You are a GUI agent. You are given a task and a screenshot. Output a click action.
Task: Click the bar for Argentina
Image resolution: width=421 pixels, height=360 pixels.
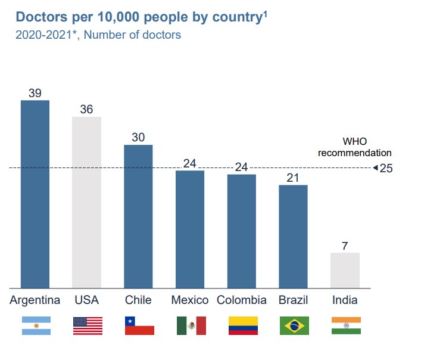(x=35, y=194)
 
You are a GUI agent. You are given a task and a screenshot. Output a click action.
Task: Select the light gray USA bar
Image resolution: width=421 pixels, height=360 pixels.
(x=87, y=203)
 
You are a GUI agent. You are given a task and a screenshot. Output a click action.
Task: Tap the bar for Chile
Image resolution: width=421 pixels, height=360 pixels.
(x=138, y=216)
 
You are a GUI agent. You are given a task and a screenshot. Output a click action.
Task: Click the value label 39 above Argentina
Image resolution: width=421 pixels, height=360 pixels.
(x=35, y=93)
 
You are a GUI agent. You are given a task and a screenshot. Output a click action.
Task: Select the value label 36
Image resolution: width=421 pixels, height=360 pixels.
(x=87, y=110)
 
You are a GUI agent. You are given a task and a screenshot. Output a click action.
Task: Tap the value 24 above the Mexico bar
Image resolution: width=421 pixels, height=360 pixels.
(x=189, y=163)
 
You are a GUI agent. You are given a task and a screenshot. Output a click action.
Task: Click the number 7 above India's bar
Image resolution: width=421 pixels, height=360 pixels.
(x=345, y=246)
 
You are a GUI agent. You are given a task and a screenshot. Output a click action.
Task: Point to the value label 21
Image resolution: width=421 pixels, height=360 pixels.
(x=293, y=178)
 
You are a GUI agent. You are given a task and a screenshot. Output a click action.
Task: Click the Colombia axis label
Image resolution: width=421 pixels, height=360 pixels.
(x=241, y=300)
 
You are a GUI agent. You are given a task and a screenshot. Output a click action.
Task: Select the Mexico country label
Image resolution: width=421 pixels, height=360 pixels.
(x=189, y=300)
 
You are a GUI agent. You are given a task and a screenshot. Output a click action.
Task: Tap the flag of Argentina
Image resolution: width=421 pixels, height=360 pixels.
(x=36, y=325)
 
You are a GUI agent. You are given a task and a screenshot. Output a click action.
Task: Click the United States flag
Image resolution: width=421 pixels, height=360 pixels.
(x=88, y=325)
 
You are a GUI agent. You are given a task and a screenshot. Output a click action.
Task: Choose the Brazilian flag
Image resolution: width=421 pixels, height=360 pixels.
(x=294, y=325)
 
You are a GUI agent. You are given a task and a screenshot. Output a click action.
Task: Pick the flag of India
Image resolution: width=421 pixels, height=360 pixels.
(x=346, y=325)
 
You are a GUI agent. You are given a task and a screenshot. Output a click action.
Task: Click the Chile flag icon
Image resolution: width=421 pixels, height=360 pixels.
(x=139, y=325)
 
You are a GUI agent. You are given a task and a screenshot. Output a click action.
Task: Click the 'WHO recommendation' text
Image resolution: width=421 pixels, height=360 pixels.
(x=354, y=147)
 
